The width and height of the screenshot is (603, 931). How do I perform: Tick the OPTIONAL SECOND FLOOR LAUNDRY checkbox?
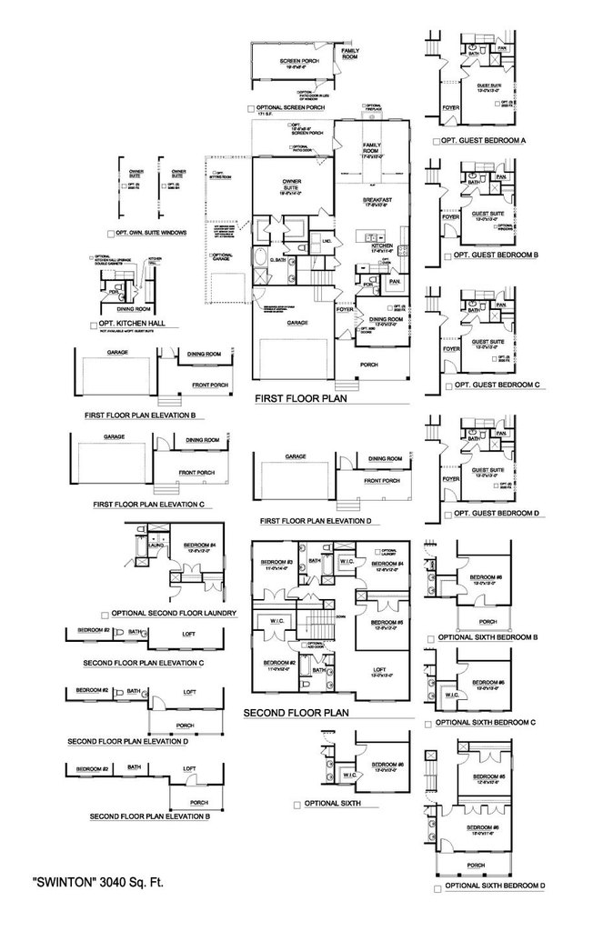point(106,614)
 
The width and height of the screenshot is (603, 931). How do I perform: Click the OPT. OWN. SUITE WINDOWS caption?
point(146,233)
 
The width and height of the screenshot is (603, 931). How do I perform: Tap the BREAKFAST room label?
point(377,201)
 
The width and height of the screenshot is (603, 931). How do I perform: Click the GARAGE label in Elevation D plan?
point(295,456)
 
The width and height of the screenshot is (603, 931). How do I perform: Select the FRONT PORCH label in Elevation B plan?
point(206,385)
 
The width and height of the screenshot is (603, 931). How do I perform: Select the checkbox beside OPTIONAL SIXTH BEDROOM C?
point(428,724)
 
